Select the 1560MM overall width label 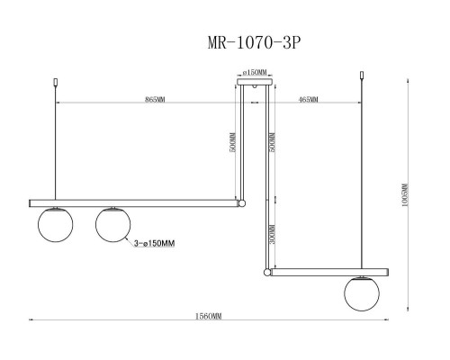209,317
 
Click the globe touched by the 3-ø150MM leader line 113,224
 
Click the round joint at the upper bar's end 239,202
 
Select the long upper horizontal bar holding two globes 135,202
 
